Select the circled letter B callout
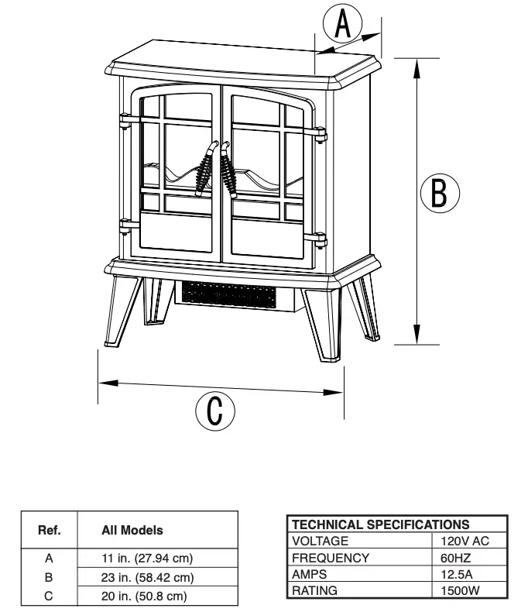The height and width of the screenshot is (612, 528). (439, 193)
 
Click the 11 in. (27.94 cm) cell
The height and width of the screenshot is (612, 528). (147, 558)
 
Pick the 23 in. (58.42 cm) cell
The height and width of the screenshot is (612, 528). (147, 577)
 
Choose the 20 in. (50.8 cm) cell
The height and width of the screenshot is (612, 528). (146, 596)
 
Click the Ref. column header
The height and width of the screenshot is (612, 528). (49, 531)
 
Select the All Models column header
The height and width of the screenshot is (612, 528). (132, 531)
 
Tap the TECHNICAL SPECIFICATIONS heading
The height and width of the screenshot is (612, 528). (380, 524)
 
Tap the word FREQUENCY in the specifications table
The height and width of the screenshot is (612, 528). (331, 558)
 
